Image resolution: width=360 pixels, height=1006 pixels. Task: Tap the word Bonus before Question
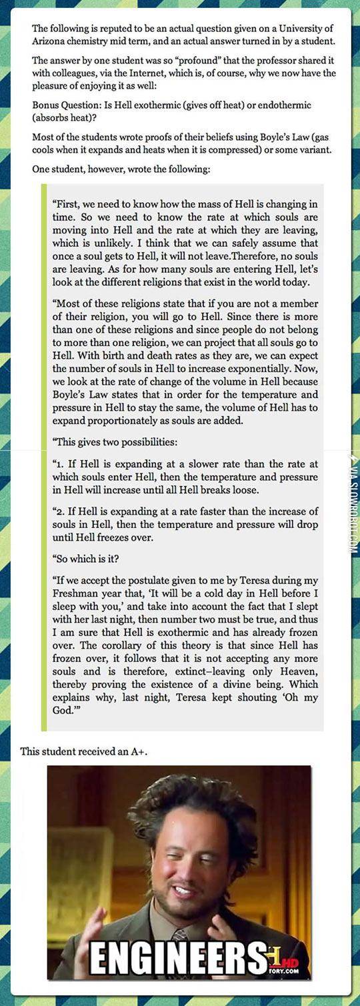click(x=46, y=105)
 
